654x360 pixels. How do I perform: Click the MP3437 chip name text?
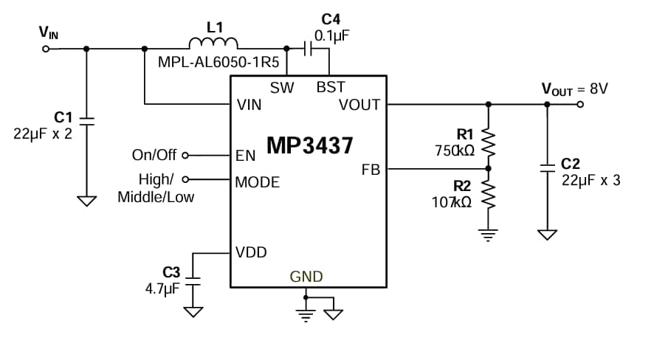(310, 145)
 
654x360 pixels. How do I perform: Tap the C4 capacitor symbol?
(309, 49)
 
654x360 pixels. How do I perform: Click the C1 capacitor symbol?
(87, 120)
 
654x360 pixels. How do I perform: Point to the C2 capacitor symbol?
(547, 168)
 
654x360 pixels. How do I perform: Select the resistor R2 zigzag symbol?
(486, 194)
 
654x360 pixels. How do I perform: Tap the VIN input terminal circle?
(46, 49)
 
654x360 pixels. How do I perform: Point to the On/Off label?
(154, 155)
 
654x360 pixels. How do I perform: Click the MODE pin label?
(257, 181)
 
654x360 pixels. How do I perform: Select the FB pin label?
(371, 170)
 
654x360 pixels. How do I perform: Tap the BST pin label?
(330, 87)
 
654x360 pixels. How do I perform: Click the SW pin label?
(282, 87)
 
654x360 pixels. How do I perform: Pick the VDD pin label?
(251, 252)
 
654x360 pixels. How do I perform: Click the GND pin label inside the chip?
(306, 277)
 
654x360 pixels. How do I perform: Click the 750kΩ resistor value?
(454, 150)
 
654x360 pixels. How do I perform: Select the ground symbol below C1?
(87, 201)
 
